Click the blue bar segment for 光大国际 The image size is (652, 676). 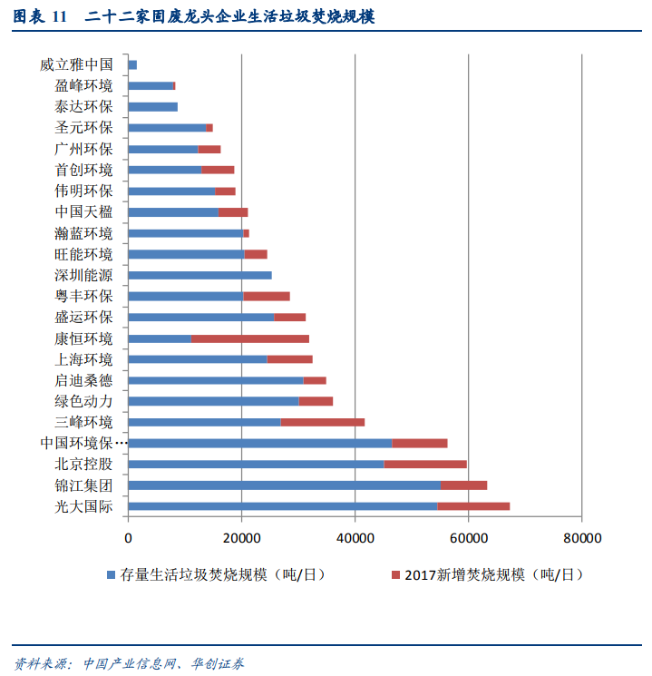(283, 505)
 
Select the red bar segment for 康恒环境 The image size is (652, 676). (250, 338)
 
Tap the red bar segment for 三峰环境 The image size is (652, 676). (323, 422)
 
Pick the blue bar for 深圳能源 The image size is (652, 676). (200, 275)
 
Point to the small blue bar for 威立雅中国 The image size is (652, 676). (132, 64)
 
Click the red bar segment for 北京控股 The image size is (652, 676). (425, 464)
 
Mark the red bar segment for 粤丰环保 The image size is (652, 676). (267, 296)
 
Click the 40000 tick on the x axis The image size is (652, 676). (355, 538)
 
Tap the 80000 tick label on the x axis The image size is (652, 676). (581, 538)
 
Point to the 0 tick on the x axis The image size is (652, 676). (129, 538)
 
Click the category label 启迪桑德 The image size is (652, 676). (83, 380)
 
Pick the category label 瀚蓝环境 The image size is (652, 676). (83, 233)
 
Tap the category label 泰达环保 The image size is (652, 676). (83, 107)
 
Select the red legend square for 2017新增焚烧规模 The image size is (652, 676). (394, 575)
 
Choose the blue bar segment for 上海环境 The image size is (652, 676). (198, 359)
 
